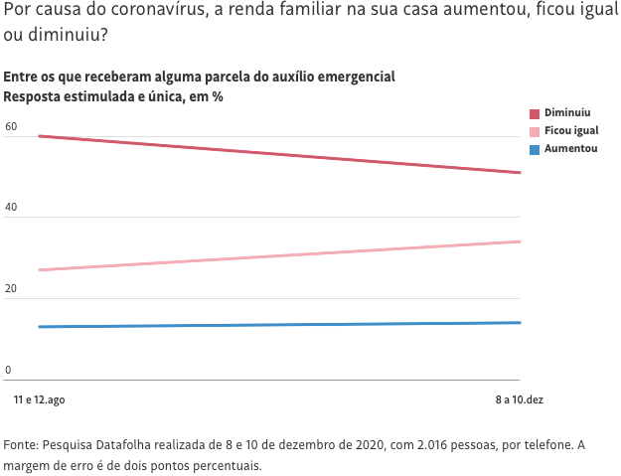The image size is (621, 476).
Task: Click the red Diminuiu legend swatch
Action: (535, 114)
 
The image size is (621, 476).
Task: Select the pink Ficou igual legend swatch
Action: (535, 132)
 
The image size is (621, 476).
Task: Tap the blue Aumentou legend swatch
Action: (535, 150)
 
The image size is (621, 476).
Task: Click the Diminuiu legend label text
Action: (567, 113)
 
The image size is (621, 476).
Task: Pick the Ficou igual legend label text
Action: (571, 131)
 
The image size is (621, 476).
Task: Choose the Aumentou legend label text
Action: (570, 149)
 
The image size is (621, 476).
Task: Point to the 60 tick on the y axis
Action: (11, 126)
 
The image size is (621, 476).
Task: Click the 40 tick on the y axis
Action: (11, 208)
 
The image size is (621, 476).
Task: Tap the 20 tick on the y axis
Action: (11, 289)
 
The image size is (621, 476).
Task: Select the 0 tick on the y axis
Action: (8, 371)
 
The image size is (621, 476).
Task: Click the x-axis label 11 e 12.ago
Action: (40, 399)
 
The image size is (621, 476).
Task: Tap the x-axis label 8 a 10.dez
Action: (520, 399)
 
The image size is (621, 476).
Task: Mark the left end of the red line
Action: (39, 136)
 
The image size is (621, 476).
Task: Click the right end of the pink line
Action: (520, 241)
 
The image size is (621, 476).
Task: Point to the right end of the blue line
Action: (520, 322)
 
